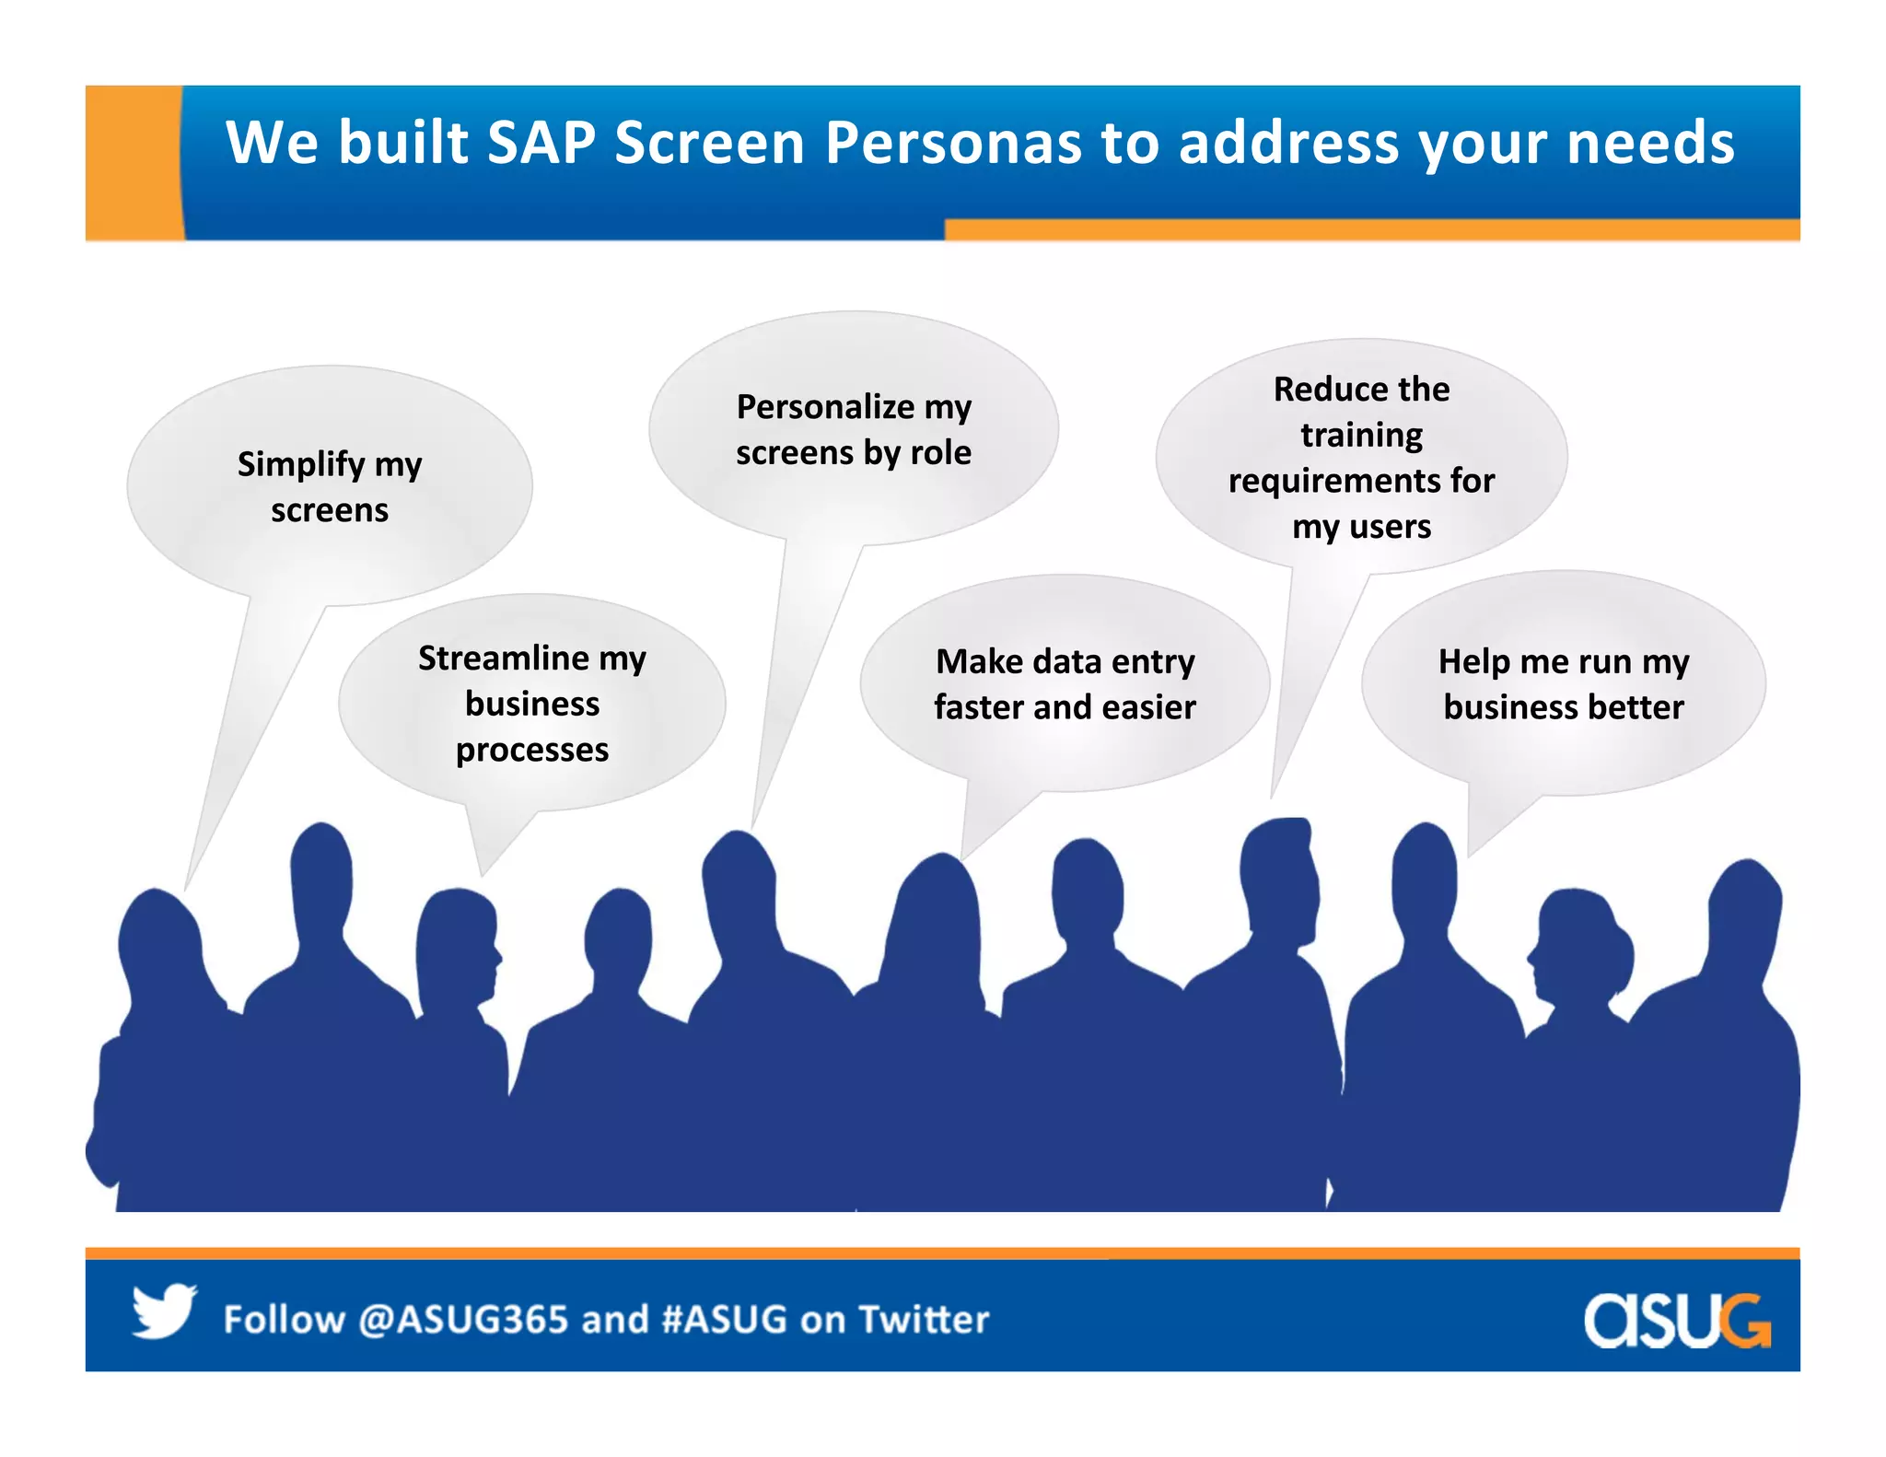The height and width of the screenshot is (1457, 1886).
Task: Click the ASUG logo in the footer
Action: (x=1676, y=1321)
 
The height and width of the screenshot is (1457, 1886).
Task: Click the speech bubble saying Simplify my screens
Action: (x=330, y=486)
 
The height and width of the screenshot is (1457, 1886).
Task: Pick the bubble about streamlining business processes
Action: (x=532, y=704)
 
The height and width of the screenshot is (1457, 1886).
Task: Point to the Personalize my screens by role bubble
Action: (x=854, y=429)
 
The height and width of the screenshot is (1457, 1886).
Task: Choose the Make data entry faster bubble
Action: (x=1065, y=683)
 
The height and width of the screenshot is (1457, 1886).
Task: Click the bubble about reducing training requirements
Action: (x=1361, y=457)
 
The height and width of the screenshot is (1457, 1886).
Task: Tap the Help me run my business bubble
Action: (x=1564, y=683)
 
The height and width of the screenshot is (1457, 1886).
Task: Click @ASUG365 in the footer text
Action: (x=463, y=1320)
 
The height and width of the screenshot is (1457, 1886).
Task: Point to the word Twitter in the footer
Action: (x=924, y=1320)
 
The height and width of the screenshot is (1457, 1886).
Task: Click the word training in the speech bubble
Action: (x=1361, y=435)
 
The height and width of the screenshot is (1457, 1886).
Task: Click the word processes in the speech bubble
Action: (x=532, y=750)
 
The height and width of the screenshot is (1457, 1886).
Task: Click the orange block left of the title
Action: (x=133, y=162)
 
